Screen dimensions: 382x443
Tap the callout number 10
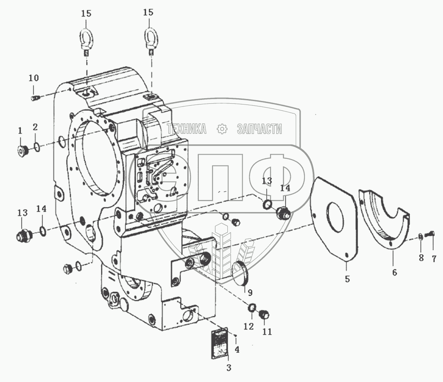(33, 78)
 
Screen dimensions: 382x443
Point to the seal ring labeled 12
(252, 309)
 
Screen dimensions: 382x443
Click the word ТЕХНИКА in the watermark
(187, 129)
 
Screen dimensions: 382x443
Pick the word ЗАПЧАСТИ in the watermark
(259, 129)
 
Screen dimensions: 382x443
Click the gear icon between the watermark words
(222, 129)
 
